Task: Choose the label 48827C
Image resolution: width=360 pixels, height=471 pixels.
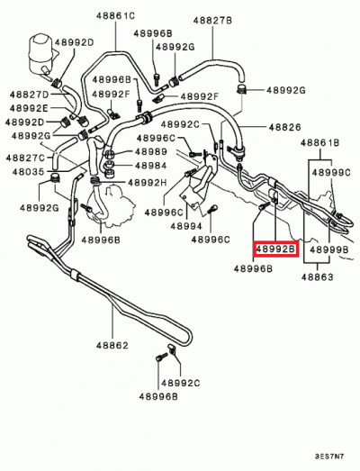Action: tap(28, 157)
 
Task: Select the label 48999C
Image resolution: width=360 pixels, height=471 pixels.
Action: tap(334, 170)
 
